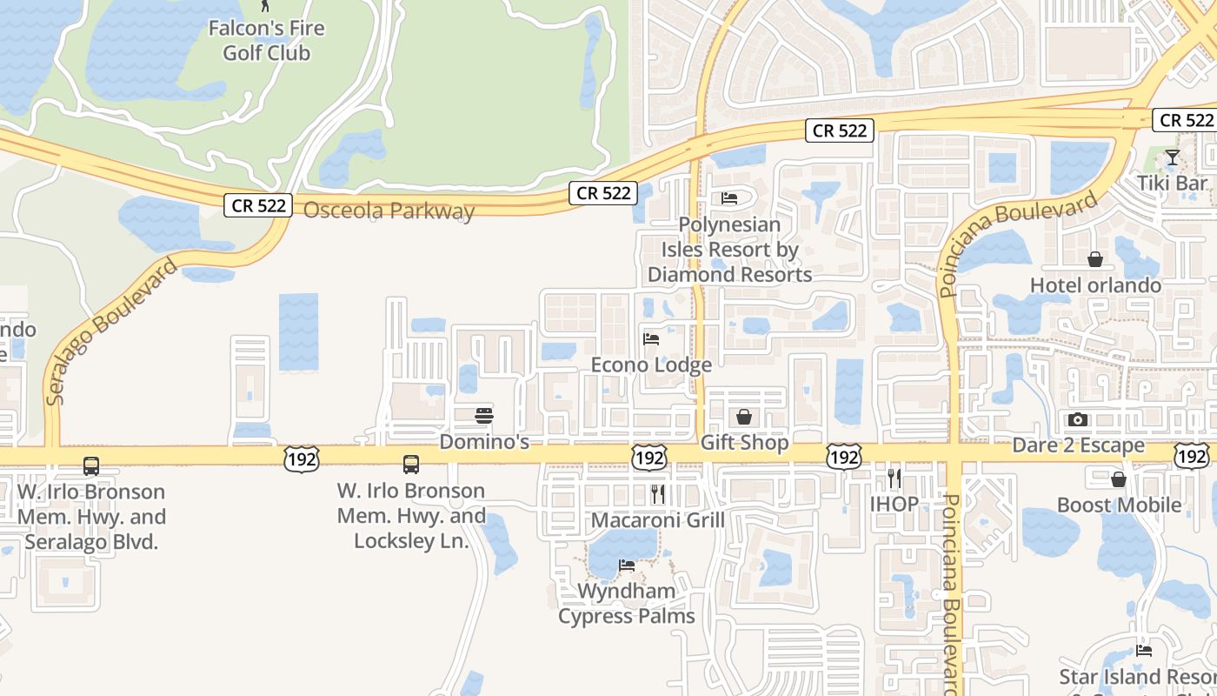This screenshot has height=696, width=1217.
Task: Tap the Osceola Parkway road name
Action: pos(389,211)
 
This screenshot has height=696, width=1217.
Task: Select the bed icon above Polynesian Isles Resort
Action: pos(729,198)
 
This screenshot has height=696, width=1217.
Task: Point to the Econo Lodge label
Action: pos(651,365)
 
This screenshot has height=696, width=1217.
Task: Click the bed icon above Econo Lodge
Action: pos(651,338)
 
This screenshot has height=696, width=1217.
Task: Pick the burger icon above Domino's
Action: pos(484,416)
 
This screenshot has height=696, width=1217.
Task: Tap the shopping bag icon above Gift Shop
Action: pos(744,417)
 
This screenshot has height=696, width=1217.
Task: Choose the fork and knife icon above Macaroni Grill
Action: pos(658,494)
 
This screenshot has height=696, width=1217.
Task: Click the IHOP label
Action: pos(894,504)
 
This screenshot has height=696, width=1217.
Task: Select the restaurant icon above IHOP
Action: pos(894,478)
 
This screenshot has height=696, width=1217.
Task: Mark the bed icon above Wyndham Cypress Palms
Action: pos(626,565)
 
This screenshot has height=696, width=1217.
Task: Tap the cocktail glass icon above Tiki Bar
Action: pos(1173,157)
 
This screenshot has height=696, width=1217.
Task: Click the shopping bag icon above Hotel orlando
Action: pos(1095,259)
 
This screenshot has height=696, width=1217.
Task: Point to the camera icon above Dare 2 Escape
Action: pos(1078,420)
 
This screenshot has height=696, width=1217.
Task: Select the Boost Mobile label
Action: pos(1119,505)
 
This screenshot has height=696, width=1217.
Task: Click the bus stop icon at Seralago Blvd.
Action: pos(91,465)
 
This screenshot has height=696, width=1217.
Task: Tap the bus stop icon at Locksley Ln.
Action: pos(411,465)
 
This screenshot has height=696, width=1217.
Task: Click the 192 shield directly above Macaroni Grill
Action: pos(650,458)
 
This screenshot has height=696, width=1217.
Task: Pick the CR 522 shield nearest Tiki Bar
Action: pos(1186,120)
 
